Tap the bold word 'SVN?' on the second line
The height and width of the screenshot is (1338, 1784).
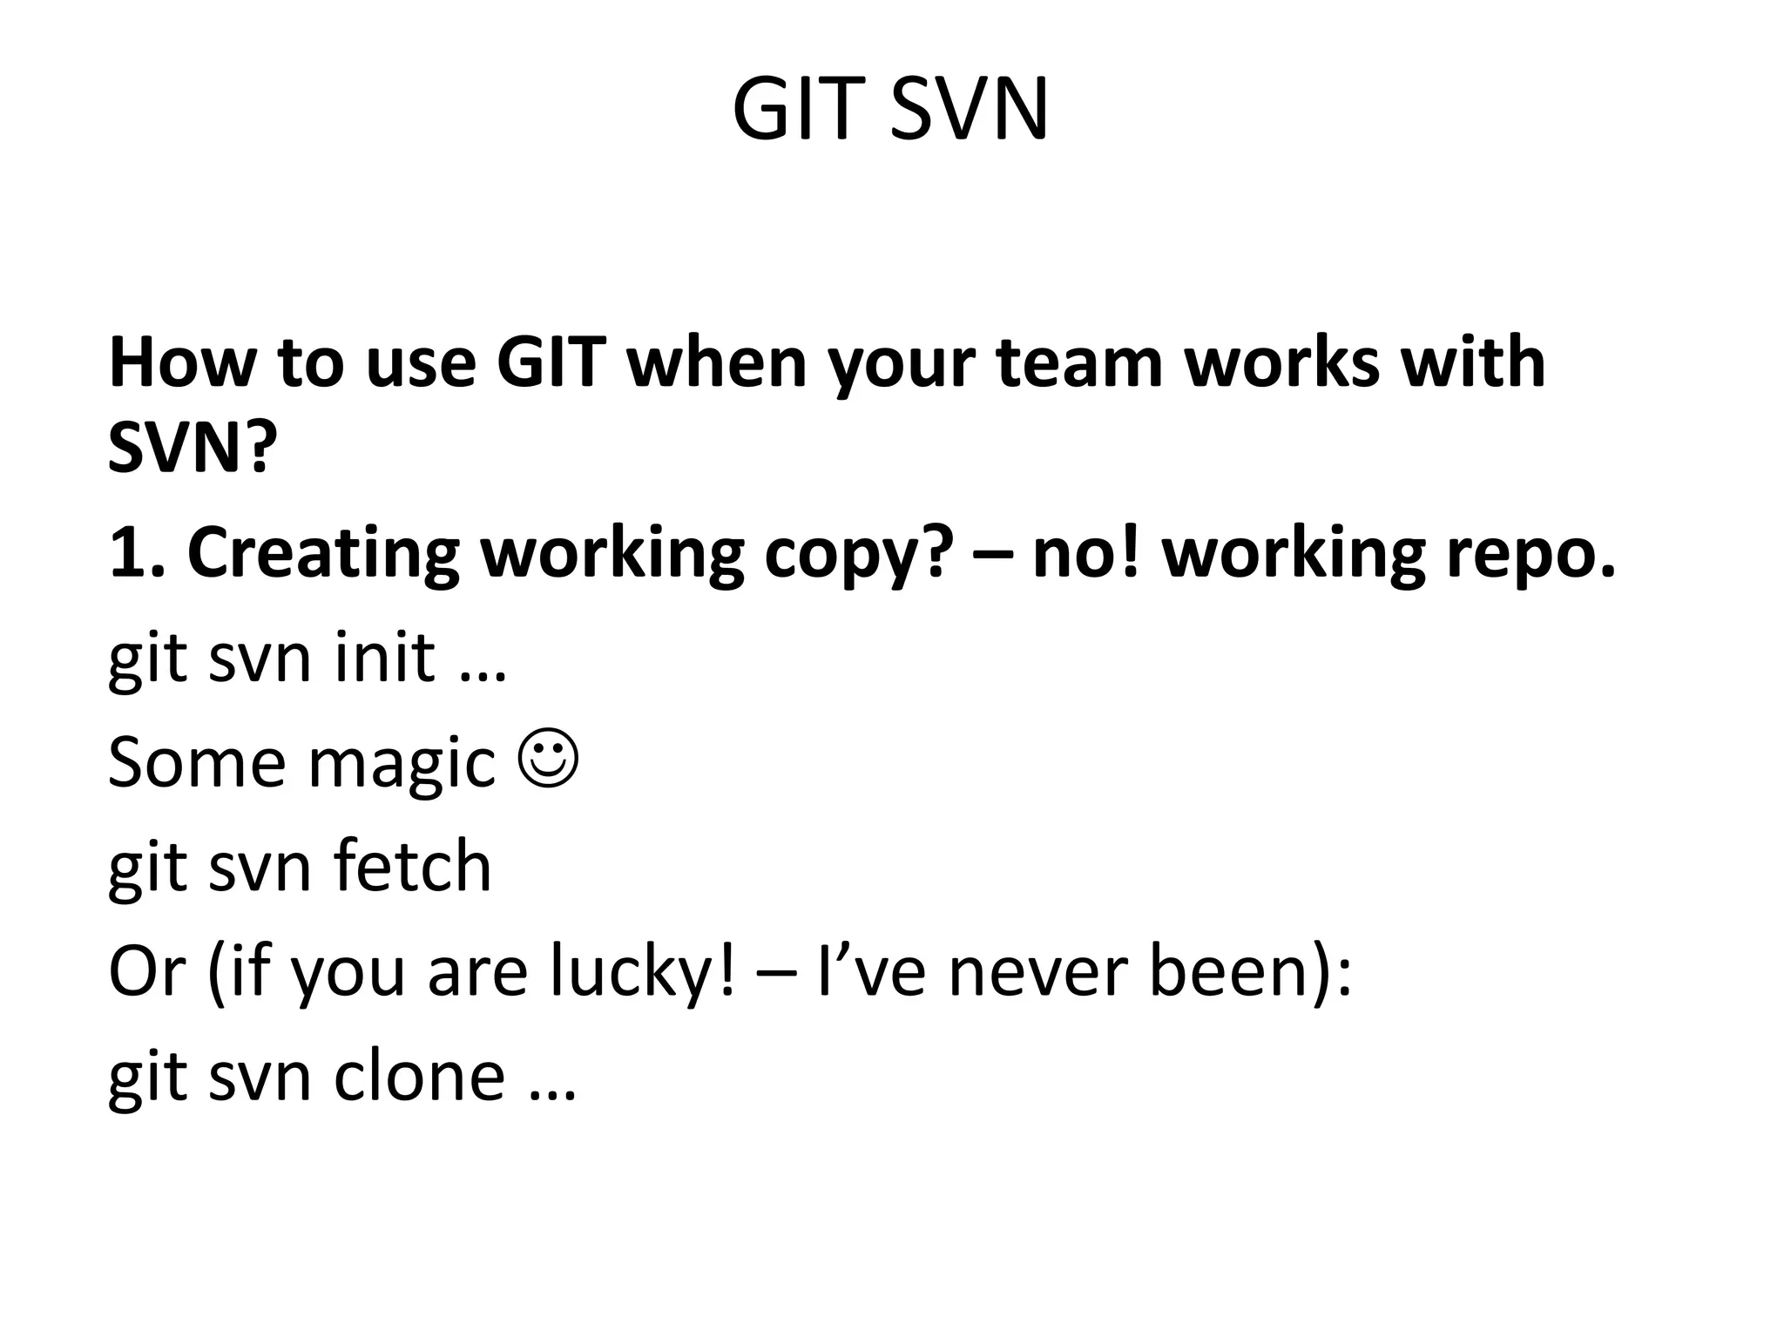[x=193, y=449]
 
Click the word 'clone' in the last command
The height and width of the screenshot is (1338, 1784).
[x=419, y=1076]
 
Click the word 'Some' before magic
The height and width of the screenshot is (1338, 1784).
[x=197, y=762]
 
